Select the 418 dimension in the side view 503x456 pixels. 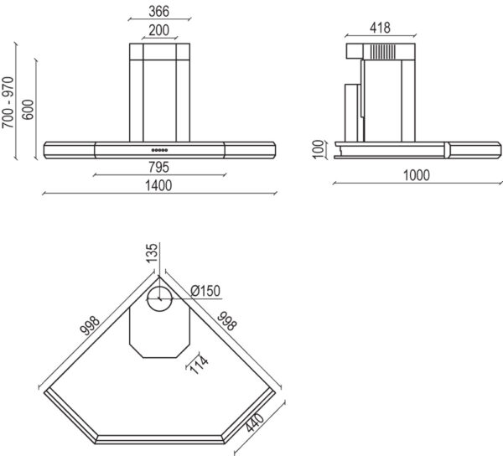[380, 28]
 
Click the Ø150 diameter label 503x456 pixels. [205, 290]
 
